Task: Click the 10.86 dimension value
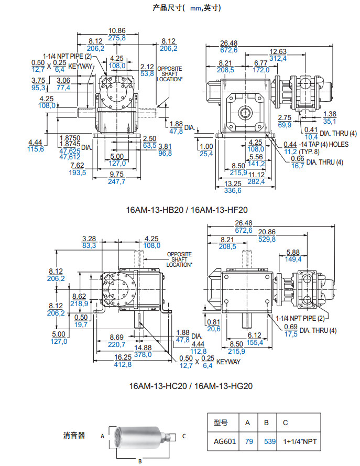click(117, 30)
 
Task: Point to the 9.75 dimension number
click(117, 174)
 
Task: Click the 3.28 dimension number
click(89, 238)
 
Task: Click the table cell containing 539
click(269, 441)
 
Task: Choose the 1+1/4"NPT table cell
click(299, 441)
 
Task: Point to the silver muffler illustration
click(139, 435)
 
